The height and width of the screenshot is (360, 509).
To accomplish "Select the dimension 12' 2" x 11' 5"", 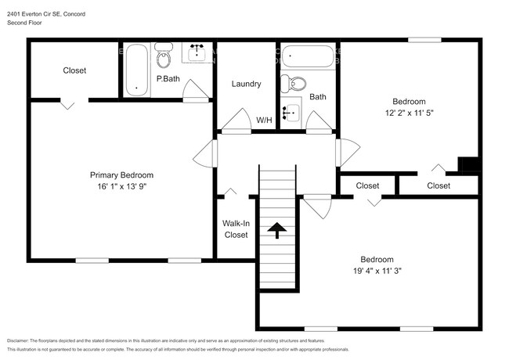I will [x=408, y=113].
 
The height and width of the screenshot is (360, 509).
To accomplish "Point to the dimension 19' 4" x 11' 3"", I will [x=377, y=271].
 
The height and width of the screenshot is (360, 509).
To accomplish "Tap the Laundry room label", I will [x=246, y=84].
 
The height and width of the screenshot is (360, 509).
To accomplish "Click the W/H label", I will [x=264, y=120].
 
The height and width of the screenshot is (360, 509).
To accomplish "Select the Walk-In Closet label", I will [x=236, y=229].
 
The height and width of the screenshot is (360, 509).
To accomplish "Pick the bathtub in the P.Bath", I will [x=137, y=69].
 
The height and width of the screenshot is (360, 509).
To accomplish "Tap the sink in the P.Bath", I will [x=196, y=52].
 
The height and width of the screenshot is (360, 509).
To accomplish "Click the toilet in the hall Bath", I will [x=295, y=83].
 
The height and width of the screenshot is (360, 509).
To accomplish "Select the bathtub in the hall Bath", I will [x=308, y=56].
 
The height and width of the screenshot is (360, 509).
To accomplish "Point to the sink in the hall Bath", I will [x=291, y=114].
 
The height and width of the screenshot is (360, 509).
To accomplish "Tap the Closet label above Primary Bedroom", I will [x=74, y=70].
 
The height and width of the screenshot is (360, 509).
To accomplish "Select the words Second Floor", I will [x=24, y=23].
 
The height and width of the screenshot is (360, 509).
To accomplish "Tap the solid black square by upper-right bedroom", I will [x=467, y=165].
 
